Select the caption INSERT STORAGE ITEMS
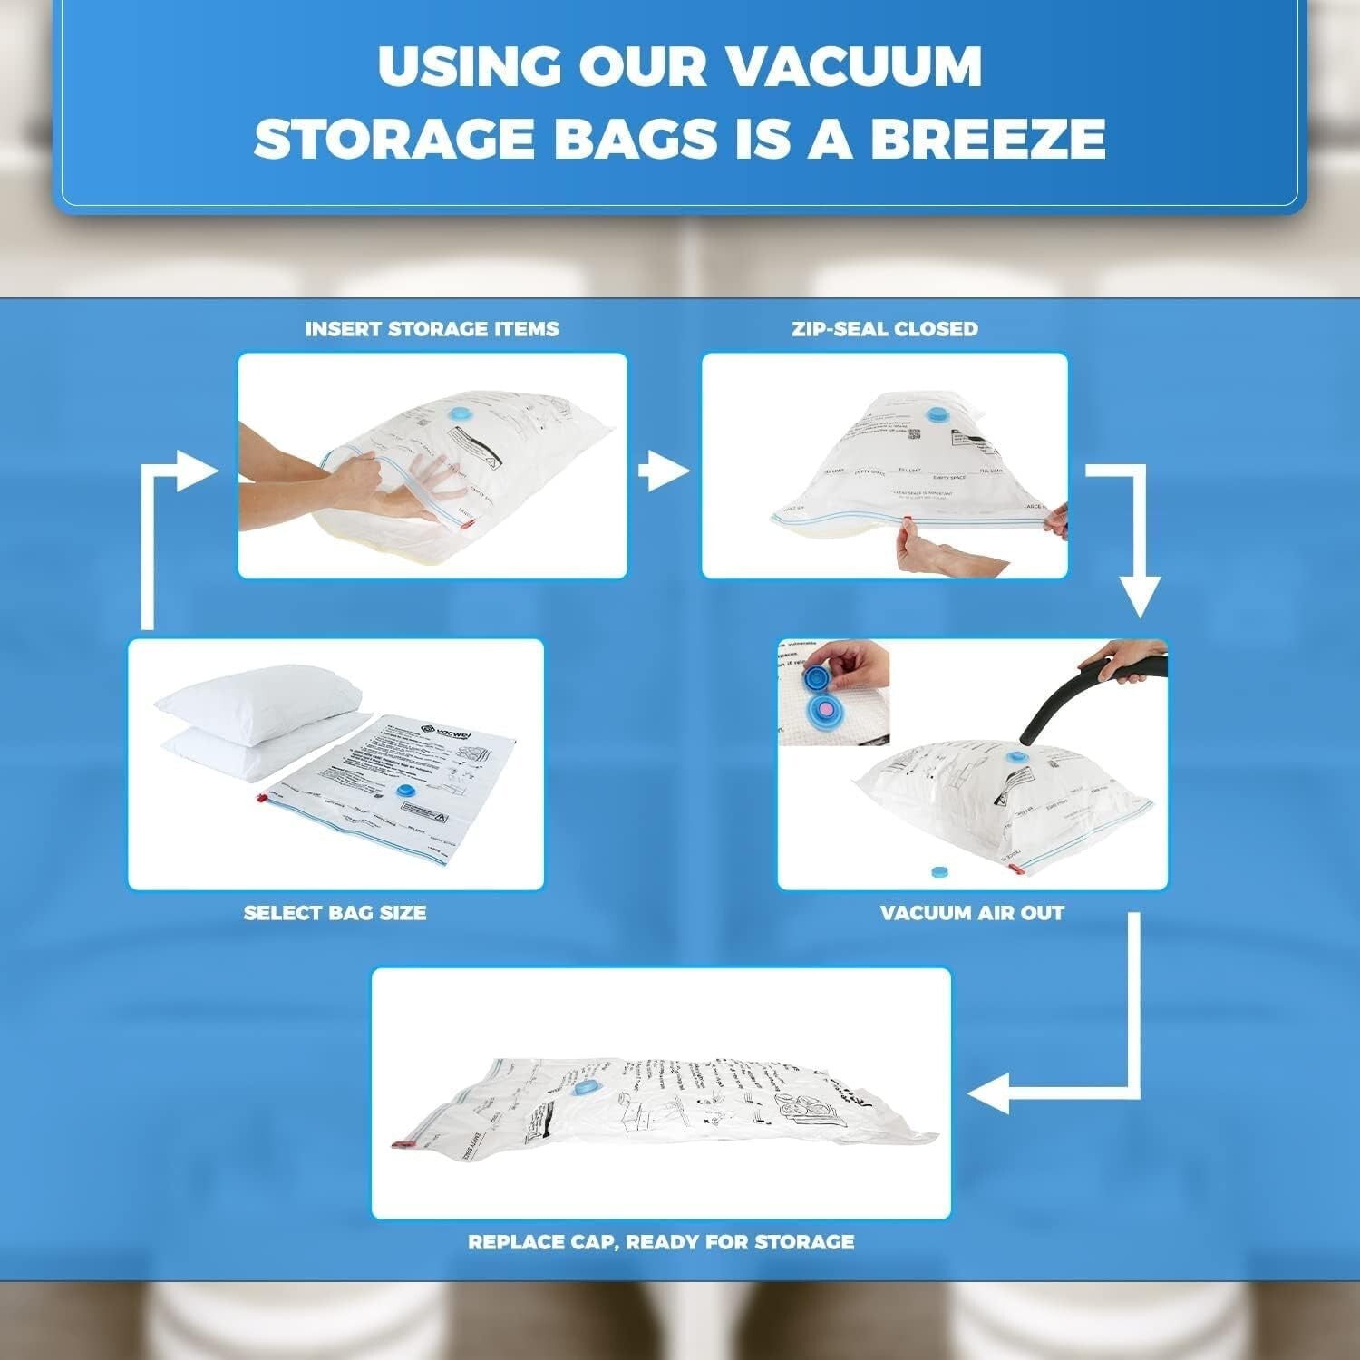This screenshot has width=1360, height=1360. tap(432, 328)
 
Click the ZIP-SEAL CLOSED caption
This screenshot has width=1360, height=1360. tap(885, 328)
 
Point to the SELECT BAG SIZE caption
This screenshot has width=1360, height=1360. tap(335, 912)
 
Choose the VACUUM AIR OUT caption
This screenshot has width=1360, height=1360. tap(972, 912)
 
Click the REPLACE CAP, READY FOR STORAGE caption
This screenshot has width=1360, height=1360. tap(661, 1241)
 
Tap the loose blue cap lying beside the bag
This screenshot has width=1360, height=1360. tap(939, 871)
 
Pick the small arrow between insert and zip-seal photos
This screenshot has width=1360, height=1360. tap(665, 471)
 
